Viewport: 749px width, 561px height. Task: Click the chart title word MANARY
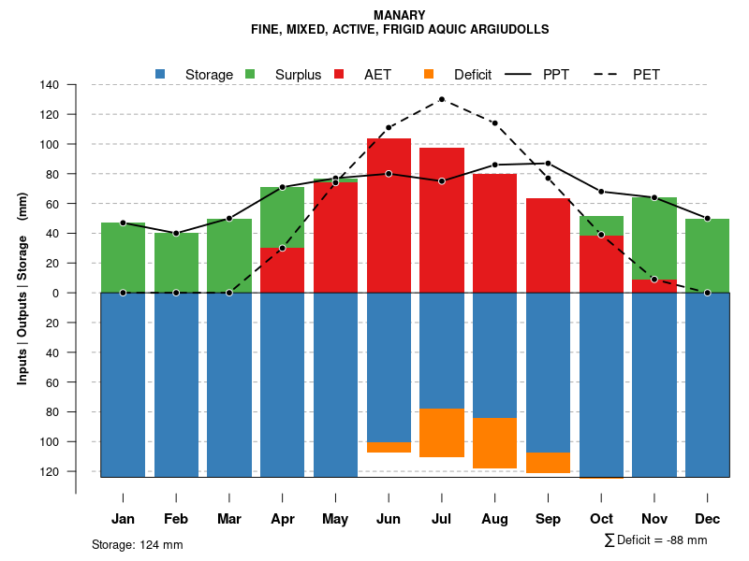pyautogui.click(x=399, y=15)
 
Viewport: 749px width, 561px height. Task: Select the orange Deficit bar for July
pyautogui.click(x=442, y=433)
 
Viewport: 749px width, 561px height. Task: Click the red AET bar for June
pyautogui.click(x=389, y=215)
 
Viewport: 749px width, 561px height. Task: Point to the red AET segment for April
pyautogui.click(x=282, y=270)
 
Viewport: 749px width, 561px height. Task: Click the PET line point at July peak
pyautogui.click(x=442, y=99)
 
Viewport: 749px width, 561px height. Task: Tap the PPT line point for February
pyautogui.click(x=176, y=233)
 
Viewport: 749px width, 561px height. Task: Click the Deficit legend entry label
pyautogui.click(x=473, y=75)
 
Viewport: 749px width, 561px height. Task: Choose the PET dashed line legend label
pyautogui.click(x=646, y=75)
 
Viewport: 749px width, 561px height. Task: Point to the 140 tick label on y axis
pyautogui.click(x=50, y=85)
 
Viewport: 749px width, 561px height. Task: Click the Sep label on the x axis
pyautogui.click(x=548, y=519)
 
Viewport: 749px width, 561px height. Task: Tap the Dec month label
pyautogui.click(x=707, y=519)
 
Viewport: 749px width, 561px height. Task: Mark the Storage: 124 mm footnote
pyautogui.click(x=138, y=544)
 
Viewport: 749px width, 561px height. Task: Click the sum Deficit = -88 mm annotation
pyautogui.click(x=655, y=539)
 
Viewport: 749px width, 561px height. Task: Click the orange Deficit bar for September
pyautogui.click(x=548, y=462)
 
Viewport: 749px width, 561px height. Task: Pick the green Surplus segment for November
pyautogui.click(x=654, y=238)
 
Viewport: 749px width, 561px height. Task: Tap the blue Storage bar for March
pyautogui.click(x=229, y=384)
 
